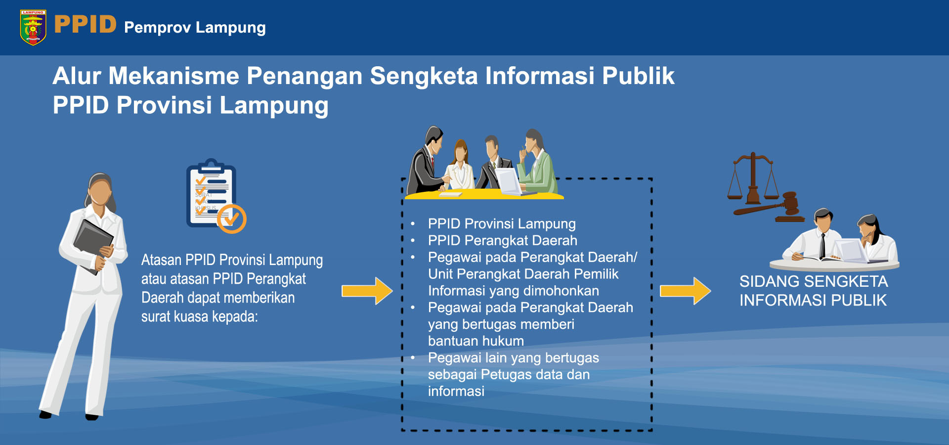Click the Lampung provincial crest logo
[x=33, y=28]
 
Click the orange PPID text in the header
[x=86, y=24]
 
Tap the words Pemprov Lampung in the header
[x=195, y=28]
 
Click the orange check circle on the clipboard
[x=232, y=219]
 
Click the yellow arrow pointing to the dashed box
[x=367, y=291]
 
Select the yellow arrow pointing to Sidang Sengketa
[x=686, y=291]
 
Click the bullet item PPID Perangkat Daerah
[x=502, y=241]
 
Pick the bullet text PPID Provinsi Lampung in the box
[x=502, y=224]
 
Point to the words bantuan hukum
[x=475, y=341]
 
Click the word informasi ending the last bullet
[x=456, y=392]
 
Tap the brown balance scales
[x=753, y=179]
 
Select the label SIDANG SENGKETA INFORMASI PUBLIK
[x=814, y=291]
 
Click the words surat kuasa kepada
[x=200, y=316]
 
